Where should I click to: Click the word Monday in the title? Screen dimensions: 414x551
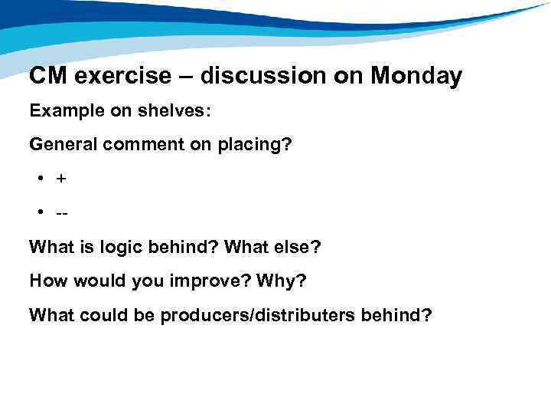point(416,76)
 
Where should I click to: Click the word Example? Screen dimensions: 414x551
point(62,110)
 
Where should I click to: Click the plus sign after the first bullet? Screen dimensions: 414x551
point(60,179)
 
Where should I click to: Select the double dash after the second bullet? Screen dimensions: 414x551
point(60,212)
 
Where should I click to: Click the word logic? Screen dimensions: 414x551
point(112,247)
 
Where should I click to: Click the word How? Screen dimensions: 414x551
point(47,280)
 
